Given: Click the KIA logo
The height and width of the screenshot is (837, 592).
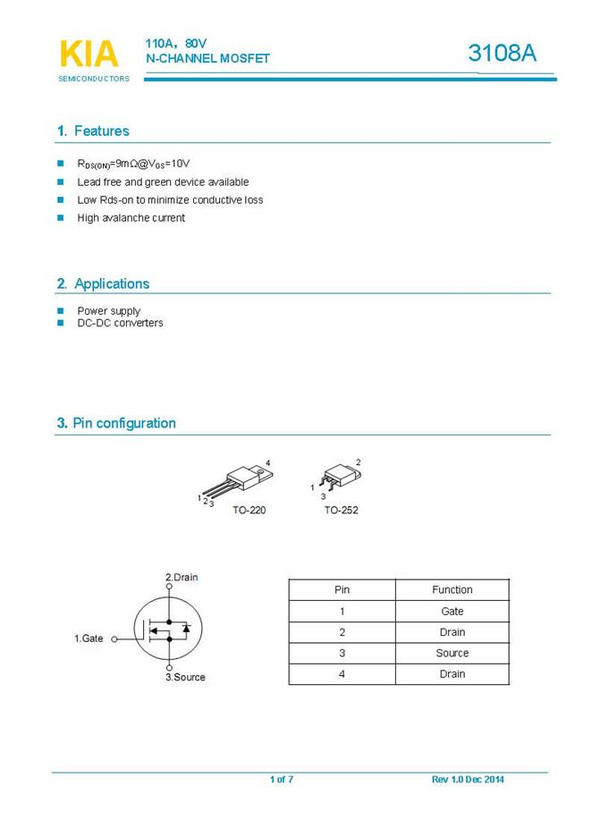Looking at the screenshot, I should tap(89, 55).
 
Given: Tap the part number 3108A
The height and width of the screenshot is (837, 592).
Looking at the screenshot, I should tap(503, 54).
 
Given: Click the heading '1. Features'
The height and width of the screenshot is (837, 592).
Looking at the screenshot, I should tap(93, 131).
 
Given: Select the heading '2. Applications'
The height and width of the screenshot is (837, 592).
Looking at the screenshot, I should tap(103, 283).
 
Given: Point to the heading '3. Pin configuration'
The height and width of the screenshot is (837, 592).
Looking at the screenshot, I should tap(116, 423).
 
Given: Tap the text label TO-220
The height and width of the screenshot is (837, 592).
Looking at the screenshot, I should tap(249, 511).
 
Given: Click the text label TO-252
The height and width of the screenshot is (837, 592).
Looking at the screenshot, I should tap(341, 511).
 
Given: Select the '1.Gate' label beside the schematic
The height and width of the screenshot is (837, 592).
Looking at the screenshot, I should tap(89, 638).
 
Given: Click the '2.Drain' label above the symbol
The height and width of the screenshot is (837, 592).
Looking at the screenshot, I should tap(182, 578).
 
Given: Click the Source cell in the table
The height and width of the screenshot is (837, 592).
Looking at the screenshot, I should tap(452, 653).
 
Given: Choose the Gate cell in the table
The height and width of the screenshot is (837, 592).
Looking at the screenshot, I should tap(452, 612).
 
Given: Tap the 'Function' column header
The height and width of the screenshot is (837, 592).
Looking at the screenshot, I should tap(452, 590).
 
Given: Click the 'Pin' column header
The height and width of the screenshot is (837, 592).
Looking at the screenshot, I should tap(342, 590).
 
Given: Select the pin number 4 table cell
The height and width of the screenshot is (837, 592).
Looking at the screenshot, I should tap(342, 674).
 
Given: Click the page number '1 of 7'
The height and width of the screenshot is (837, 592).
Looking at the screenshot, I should tap(282, 780).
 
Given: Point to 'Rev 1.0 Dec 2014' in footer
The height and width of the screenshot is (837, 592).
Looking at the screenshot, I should tap(468, 780).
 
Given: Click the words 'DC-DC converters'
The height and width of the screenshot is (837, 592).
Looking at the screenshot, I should tap(120, 323).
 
